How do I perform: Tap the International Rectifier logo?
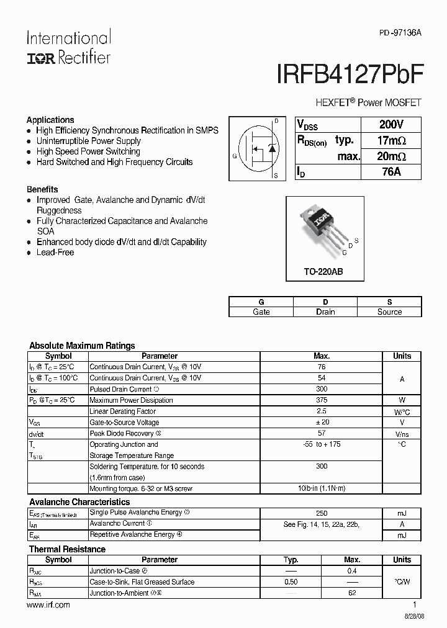click(x=68, y=47)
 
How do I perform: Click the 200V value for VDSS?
click(x=391, y=124)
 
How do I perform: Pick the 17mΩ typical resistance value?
click(x=391, y=140)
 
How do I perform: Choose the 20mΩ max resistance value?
click(x=391, y=156)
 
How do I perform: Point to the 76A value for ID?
click(x=391, y=172)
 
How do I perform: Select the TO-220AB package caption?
click(x=323, y=272)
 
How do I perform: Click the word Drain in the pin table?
click(x=325, y=312)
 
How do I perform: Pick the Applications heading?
click(x=50, y=120)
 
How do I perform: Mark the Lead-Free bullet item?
click(x=55, y=253)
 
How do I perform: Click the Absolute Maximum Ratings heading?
click(x=82, y=346)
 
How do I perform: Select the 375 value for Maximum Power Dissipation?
click(x=322, y=400)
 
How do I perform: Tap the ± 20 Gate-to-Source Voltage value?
click(x=322, y=423)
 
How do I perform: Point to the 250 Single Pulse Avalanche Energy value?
click(x=322, y=513)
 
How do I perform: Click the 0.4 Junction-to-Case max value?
click(x=352, y=571)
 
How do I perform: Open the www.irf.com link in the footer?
click(x=48, y=605)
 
